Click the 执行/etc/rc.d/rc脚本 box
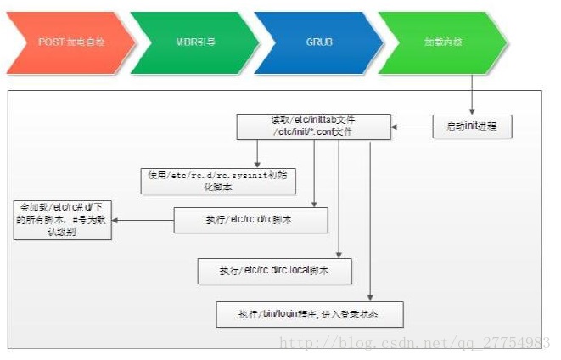click(x=250, y=221)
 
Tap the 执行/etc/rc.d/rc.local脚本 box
click(x=274, y=271)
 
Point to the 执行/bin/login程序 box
click(x=308, y=314)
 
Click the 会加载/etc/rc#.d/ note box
click(x=61, y=220)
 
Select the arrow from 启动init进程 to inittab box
click(x=412, y=127)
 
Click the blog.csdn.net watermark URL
click(x=415, y=343)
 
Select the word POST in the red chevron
click(x=48, y=42)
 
